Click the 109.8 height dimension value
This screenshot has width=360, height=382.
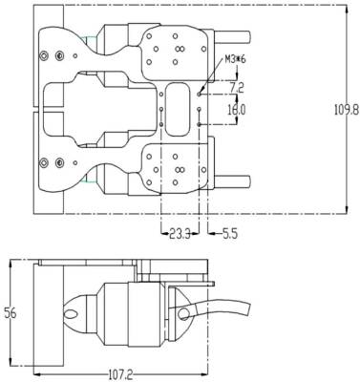pos(347,110)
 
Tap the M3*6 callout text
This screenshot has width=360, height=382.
pos(236,59)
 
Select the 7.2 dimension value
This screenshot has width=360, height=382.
pos(237,88)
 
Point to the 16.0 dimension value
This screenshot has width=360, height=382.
pos(237,110)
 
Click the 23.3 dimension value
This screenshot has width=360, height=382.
pos(180,235)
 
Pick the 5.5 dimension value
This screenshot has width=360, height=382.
pos(230,235)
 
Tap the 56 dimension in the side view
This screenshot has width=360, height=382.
pos(10,313)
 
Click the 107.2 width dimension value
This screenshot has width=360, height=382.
pos(120,374)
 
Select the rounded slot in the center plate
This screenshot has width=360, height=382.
pos(178,109)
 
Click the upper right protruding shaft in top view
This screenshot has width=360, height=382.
pos(233,37)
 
